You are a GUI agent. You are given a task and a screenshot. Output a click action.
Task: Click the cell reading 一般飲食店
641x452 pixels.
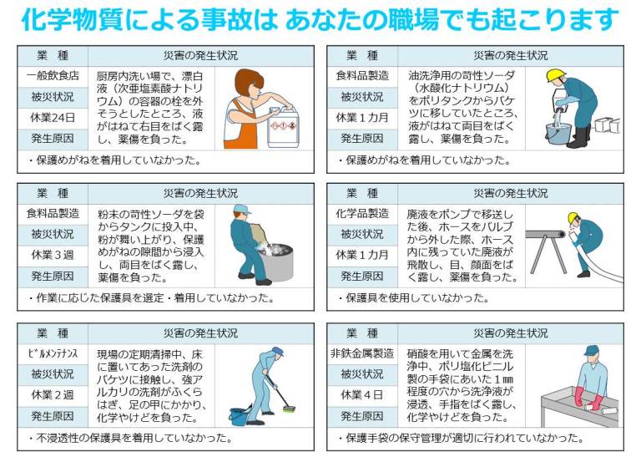pyautogui.click(x=53, y=76)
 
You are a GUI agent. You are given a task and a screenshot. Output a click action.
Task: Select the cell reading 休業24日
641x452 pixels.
pyautogui.click(x=53, y=118)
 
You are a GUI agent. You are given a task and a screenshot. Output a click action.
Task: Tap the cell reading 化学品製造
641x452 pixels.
pyautogui.click(x=362, y=214)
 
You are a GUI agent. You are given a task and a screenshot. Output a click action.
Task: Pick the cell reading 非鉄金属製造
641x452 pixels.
pyautogui.click(x=362, y=353)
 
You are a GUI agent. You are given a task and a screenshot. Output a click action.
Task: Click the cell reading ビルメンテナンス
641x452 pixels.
pyautogui.click(x=53, y=353)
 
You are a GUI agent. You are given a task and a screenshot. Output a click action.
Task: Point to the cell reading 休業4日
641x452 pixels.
pyautogui.click(x=362, y=395)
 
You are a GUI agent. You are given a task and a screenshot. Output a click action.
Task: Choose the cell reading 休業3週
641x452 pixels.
pyautogui.click(x=53, y=256)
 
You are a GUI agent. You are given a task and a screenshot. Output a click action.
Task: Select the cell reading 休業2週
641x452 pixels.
pyautogui.click(x=53, y=395)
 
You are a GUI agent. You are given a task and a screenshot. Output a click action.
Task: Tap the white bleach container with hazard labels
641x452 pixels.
pyautogui.click(x=283, y=128)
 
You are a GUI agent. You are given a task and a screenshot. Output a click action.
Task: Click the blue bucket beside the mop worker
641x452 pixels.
pyautogui.click(x=240, y=415)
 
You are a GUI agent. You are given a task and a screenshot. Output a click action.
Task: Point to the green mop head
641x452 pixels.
pyautogui.click(x=289, y=409)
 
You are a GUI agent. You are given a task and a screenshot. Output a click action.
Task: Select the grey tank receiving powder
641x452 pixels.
pyautogui.click(x=276, y=262)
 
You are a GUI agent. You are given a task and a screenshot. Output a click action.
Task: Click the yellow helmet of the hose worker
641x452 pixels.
pyautogui.click(x=573, y=217)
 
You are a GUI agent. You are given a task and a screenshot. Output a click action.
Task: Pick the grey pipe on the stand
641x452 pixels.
pyautogui.click(x=545, y=235)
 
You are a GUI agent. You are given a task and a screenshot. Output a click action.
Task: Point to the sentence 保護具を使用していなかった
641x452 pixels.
pyautogui.click(x=417, y=297)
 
